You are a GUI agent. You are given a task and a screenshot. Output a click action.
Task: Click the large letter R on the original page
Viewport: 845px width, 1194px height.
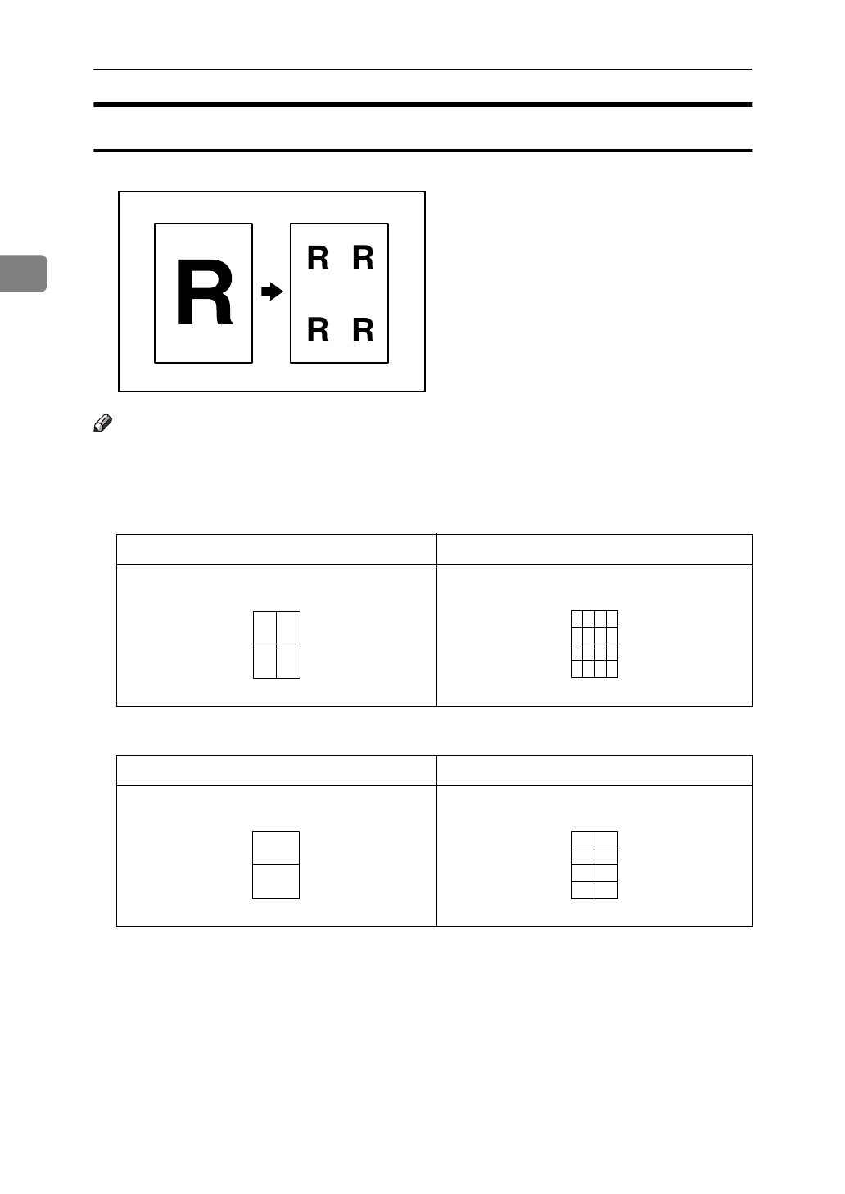coord(205,293)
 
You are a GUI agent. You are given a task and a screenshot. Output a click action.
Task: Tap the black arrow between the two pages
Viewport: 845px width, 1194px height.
coord(272,292)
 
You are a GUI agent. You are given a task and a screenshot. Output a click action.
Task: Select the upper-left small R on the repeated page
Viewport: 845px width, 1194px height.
coord(318,258)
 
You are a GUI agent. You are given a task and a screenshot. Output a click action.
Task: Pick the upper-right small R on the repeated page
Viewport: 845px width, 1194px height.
coord(363,257)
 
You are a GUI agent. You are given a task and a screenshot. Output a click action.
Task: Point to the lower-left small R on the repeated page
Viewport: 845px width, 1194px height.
coord(318,329)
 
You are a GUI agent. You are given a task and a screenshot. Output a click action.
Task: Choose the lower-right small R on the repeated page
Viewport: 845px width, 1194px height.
coord(363,330)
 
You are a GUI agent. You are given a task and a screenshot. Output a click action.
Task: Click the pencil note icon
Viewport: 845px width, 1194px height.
coord(102,423)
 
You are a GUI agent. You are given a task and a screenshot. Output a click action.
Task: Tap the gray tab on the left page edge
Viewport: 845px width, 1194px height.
coord(23,274)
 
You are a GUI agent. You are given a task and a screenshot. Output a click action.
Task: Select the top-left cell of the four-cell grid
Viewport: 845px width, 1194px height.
coord(265,627)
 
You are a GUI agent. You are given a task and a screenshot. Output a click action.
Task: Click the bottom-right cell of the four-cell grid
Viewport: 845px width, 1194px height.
coord(288,661)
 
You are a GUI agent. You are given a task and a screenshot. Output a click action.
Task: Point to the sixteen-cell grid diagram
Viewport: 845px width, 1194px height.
coord(594,644)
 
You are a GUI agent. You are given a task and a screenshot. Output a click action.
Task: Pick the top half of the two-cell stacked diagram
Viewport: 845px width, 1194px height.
coord(276,848)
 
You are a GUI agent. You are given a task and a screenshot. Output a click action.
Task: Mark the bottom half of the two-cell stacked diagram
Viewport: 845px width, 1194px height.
coord(276,881)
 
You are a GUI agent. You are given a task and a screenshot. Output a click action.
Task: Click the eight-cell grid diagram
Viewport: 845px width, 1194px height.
coord(594,865)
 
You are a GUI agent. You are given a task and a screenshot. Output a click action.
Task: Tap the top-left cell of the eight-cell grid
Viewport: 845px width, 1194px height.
coord(582,839)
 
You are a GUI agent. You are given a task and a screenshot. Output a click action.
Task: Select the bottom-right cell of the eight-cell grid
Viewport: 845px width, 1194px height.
coord(606,890)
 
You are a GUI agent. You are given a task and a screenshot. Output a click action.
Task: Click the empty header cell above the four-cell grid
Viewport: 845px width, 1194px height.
coord(277,550)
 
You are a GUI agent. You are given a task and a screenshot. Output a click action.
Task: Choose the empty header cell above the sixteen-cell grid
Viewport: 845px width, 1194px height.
coord(594,550)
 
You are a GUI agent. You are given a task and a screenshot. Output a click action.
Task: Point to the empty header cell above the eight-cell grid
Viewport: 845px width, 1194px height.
coord(594,771)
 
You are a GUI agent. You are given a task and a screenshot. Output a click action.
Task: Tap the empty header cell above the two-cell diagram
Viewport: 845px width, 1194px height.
coord(277,771)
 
